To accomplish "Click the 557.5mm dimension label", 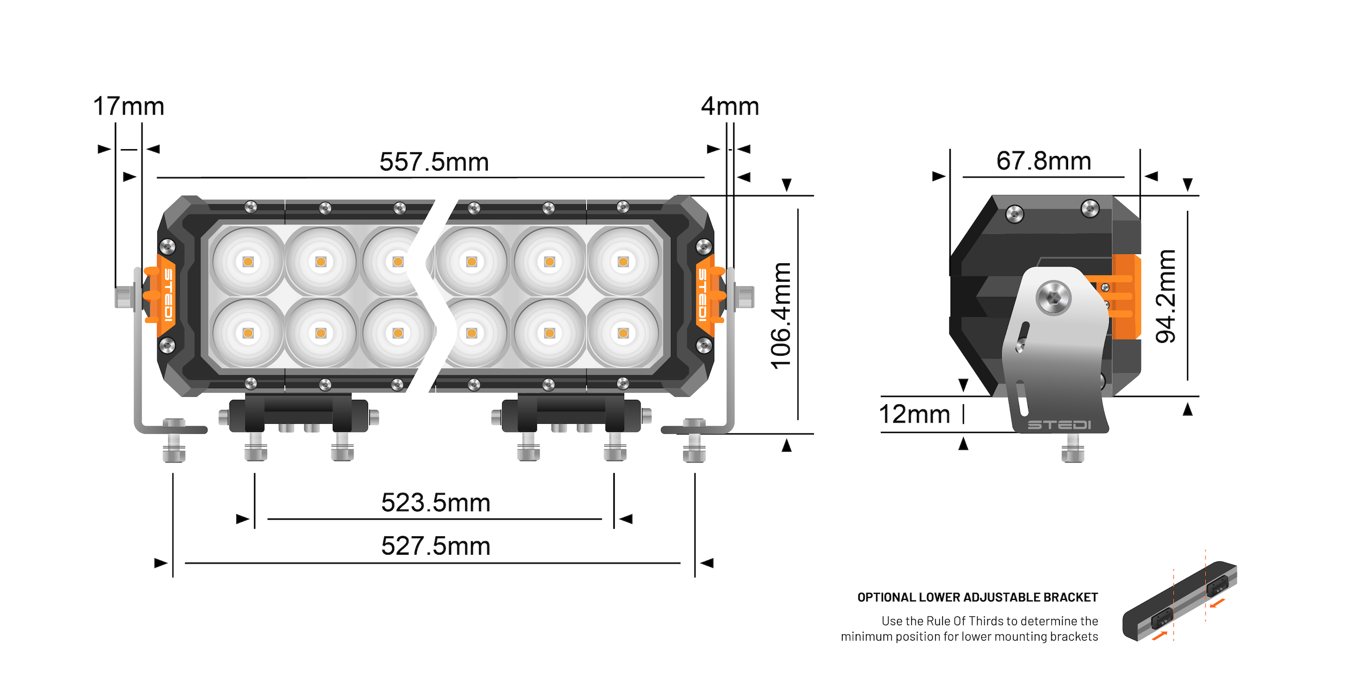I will [x=434, y=161].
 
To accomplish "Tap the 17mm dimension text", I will [x=129, y=106].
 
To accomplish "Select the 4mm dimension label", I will [x=730, y=106].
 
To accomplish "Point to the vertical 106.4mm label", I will [x=781, y=316].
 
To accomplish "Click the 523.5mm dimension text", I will [x=436, y=503].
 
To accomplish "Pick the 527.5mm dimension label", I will [x=436, y=546].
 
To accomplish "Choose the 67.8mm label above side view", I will [x=1043, y=160].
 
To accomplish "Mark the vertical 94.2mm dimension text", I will [x=1165, y=296].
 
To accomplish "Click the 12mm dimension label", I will [x=913, y=414].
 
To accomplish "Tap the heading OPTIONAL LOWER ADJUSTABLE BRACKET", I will [x=977, y=597].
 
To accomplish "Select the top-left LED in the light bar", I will [x=248, y=261].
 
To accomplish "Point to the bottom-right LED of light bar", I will [x=623, y=333].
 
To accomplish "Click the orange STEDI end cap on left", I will [x=166, y=295].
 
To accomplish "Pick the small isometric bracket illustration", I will [x=1180, y=601].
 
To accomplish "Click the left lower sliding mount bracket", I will [x=298, y=415].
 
